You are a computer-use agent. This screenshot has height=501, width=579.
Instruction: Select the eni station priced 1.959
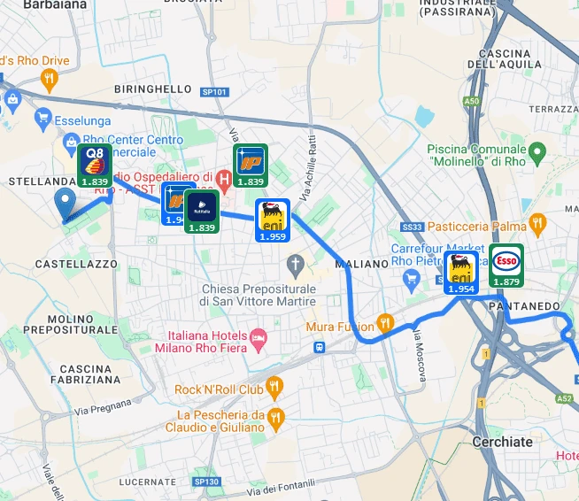pos(272,220)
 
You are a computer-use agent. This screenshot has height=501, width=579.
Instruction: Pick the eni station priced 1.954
pos(460,272)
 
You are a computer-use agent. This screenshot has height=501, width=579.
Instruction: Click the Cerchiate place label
pos(502,442)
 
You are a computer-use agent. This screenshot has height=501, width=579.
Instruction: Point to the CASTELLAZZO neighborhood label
pos(76,265)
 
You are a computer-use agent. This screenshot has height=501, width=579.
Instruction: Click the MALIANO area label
pos(362,264)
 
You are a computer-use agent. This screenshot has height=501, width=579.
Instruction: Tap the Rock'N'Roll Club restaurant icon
pos(274,387)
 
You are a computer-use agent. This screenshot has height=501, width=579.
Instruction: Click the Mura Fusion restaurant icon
pos(384,322)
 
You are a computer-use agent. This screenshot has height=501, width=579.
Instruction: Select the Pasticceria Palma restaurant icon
pos(536,222)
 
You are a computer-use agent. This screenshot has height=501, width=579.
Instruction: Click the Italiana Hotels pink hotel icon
pos(258,337)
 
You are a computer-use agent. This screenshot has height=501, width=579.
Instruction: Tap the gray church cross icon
pos(296,264)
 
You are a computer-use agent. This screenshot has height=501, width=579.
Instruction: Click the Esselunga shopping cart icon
pos(42,118)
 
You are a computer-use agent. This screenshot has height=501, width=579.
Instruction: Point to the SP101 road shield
pos(214,91)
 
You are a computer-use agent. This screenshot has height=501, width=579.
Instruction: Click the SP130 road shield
pos(205,482)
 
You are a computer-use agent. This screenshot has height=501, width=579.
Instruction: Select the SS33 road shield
pos(413,227)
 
